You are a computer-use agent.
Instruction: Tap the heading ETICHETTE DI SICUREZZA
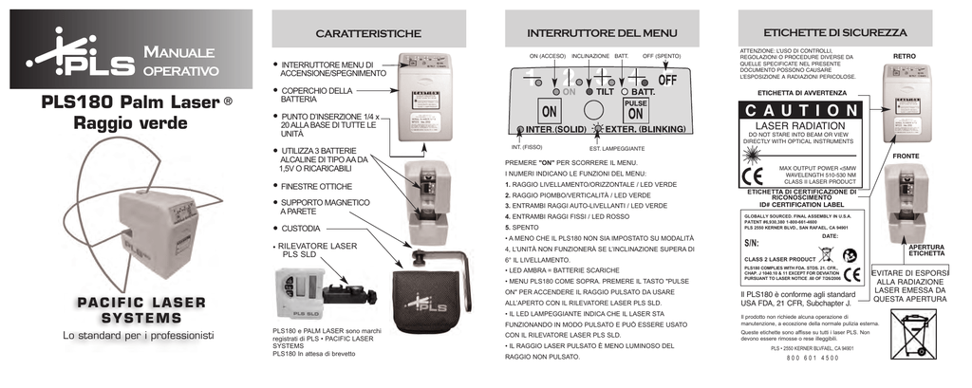tap(835, 33)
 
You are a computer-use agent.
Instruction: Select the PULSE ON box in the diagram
tap(635, 108)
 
